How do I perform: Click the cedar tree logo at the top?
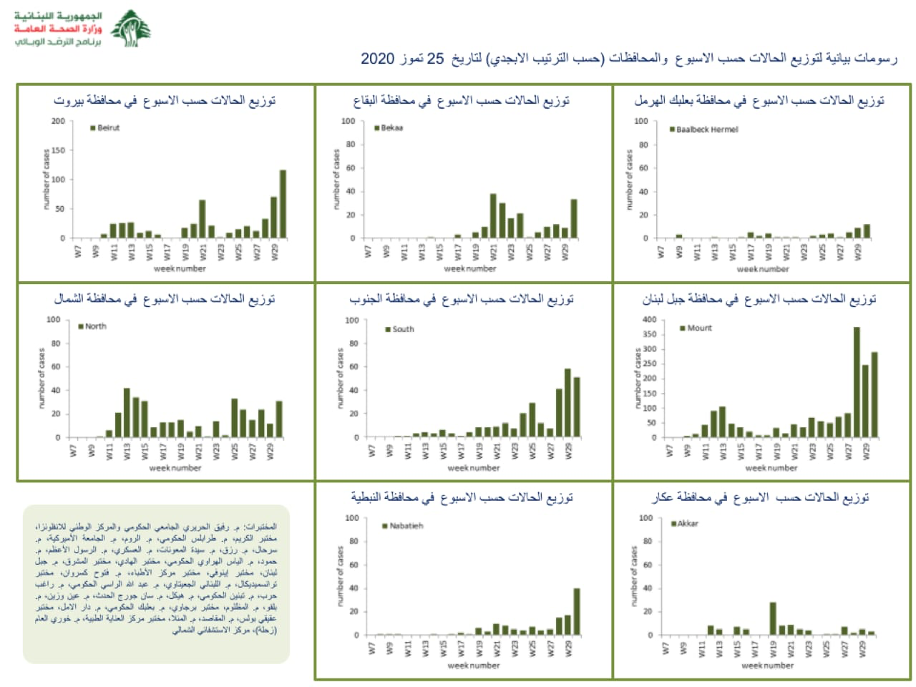[x=131, y=28]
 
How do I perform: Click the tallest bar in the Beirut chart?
[x=283, y=204]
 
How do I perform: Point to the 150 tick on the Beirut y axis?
[x=58, y=150]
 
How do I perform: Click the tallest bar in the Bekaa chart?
[x=493, y=215]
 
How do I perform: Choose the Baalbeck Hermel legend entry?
[x=703, y=130]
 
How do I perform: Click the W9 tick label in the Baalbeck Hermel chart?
[x=678, y=252]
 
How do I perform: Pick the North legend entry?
[x=92, y=326]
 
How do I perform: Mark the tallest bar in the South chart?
[x=567, y=403]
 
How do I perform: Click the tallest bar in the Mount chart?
[x=857, y=382]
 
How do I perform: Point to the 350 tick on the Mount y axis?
[x=649, y=334]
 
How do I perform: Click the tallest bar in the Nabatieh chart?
[x=577, y=612]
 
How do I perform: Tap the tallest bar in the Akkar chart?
[x=773, y=618]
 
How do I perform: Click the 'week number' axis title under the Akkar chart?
[x=767, y=666]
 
